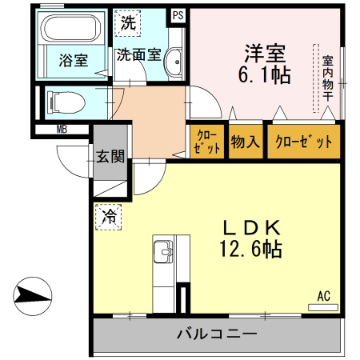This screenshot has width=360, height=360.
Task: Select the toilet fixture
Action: tap(63, 102)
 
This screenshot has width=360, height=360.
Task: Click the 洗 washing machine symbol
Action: tap(128, 22)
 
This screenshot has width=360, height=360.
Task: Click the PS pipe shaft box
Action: tap(177, 15)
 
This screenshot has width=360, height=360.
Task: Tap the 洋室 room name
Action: tap(265, 53)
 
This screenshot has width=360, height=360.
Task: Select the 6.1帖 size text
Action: tap(265, 76)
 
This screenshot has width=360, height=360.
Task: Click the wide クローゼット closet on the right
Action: tap(303, 142)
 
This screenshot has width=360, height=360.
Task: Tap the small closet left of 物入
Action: tap(206, 142)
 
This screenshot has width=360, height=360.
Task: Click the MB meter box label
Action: tap(62, 129)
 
